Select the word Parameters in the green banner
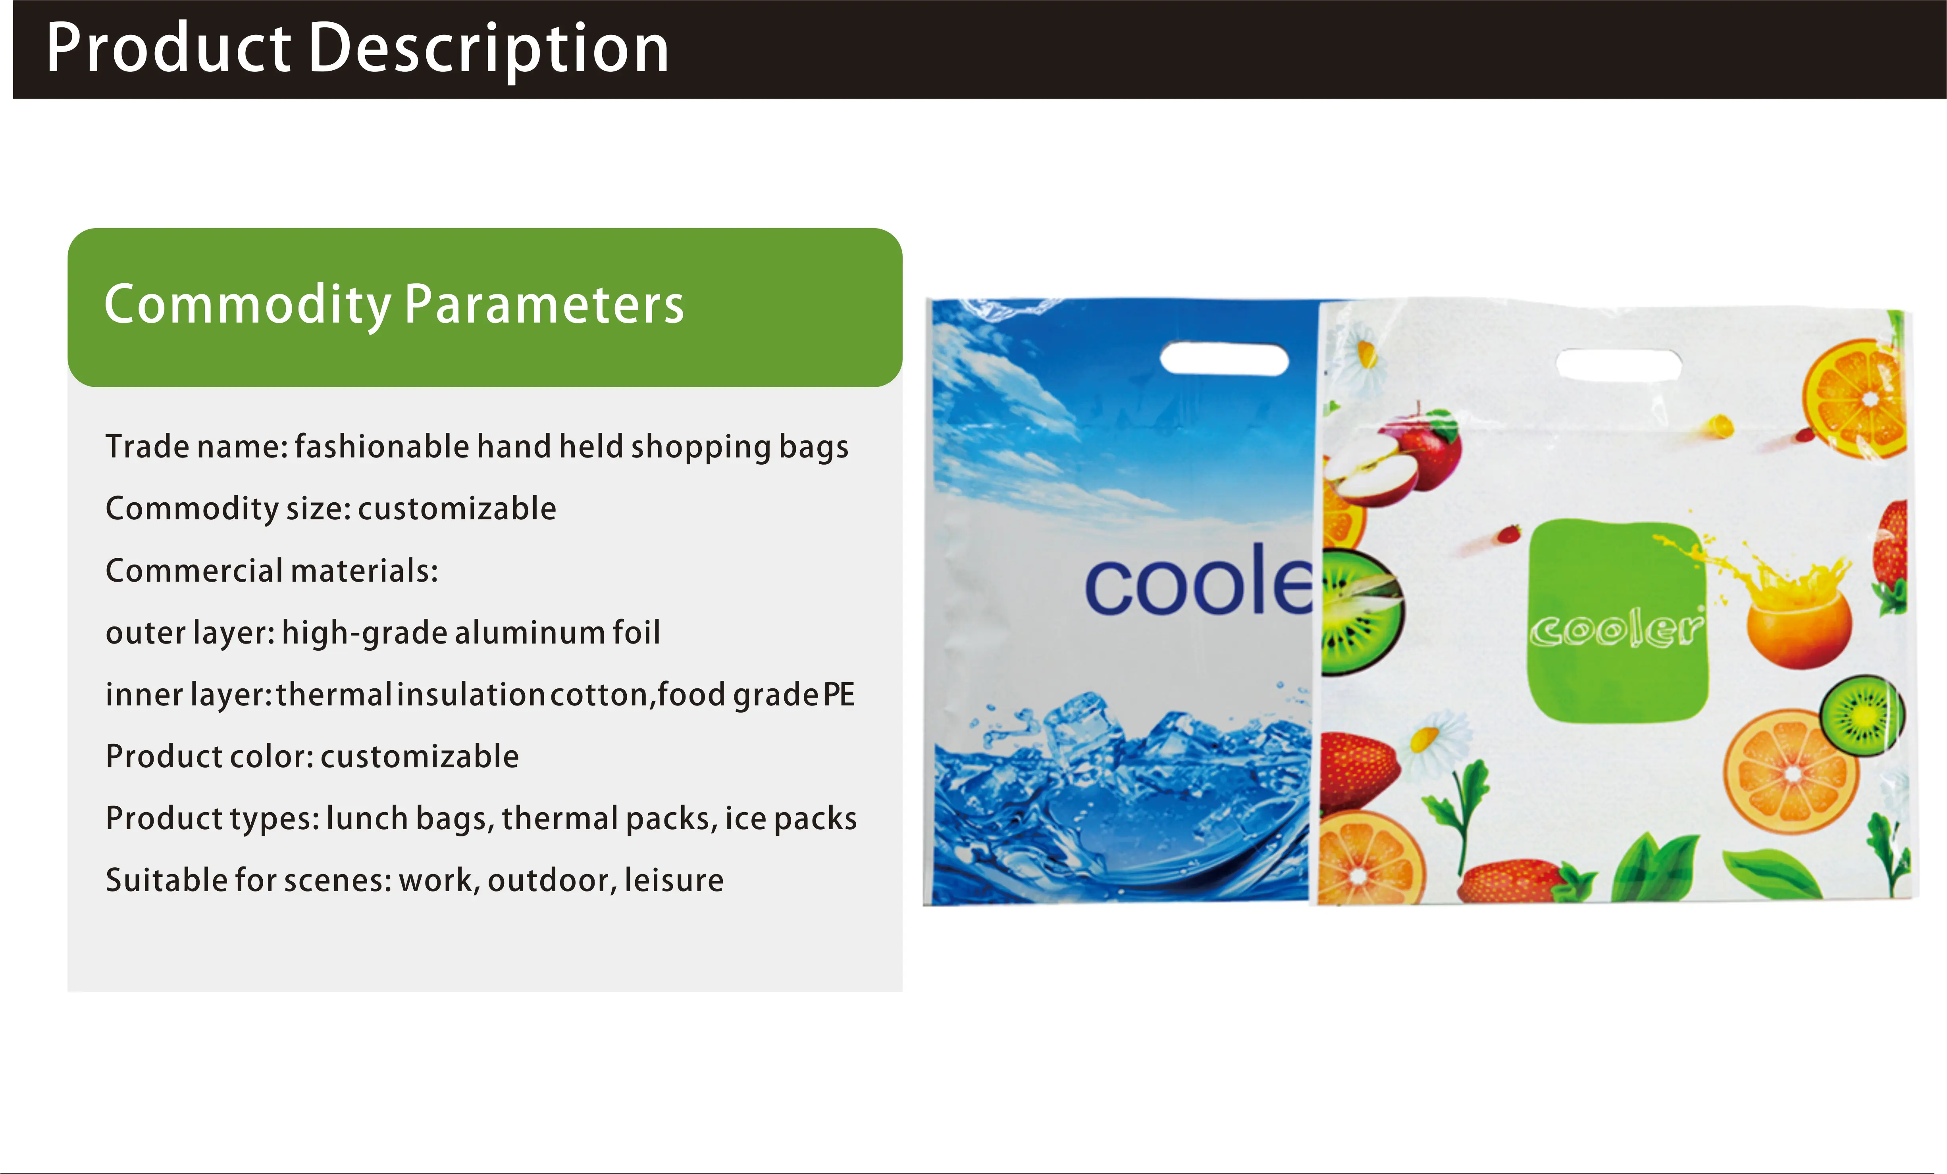545,305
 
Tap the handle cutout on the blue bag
1224,359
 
